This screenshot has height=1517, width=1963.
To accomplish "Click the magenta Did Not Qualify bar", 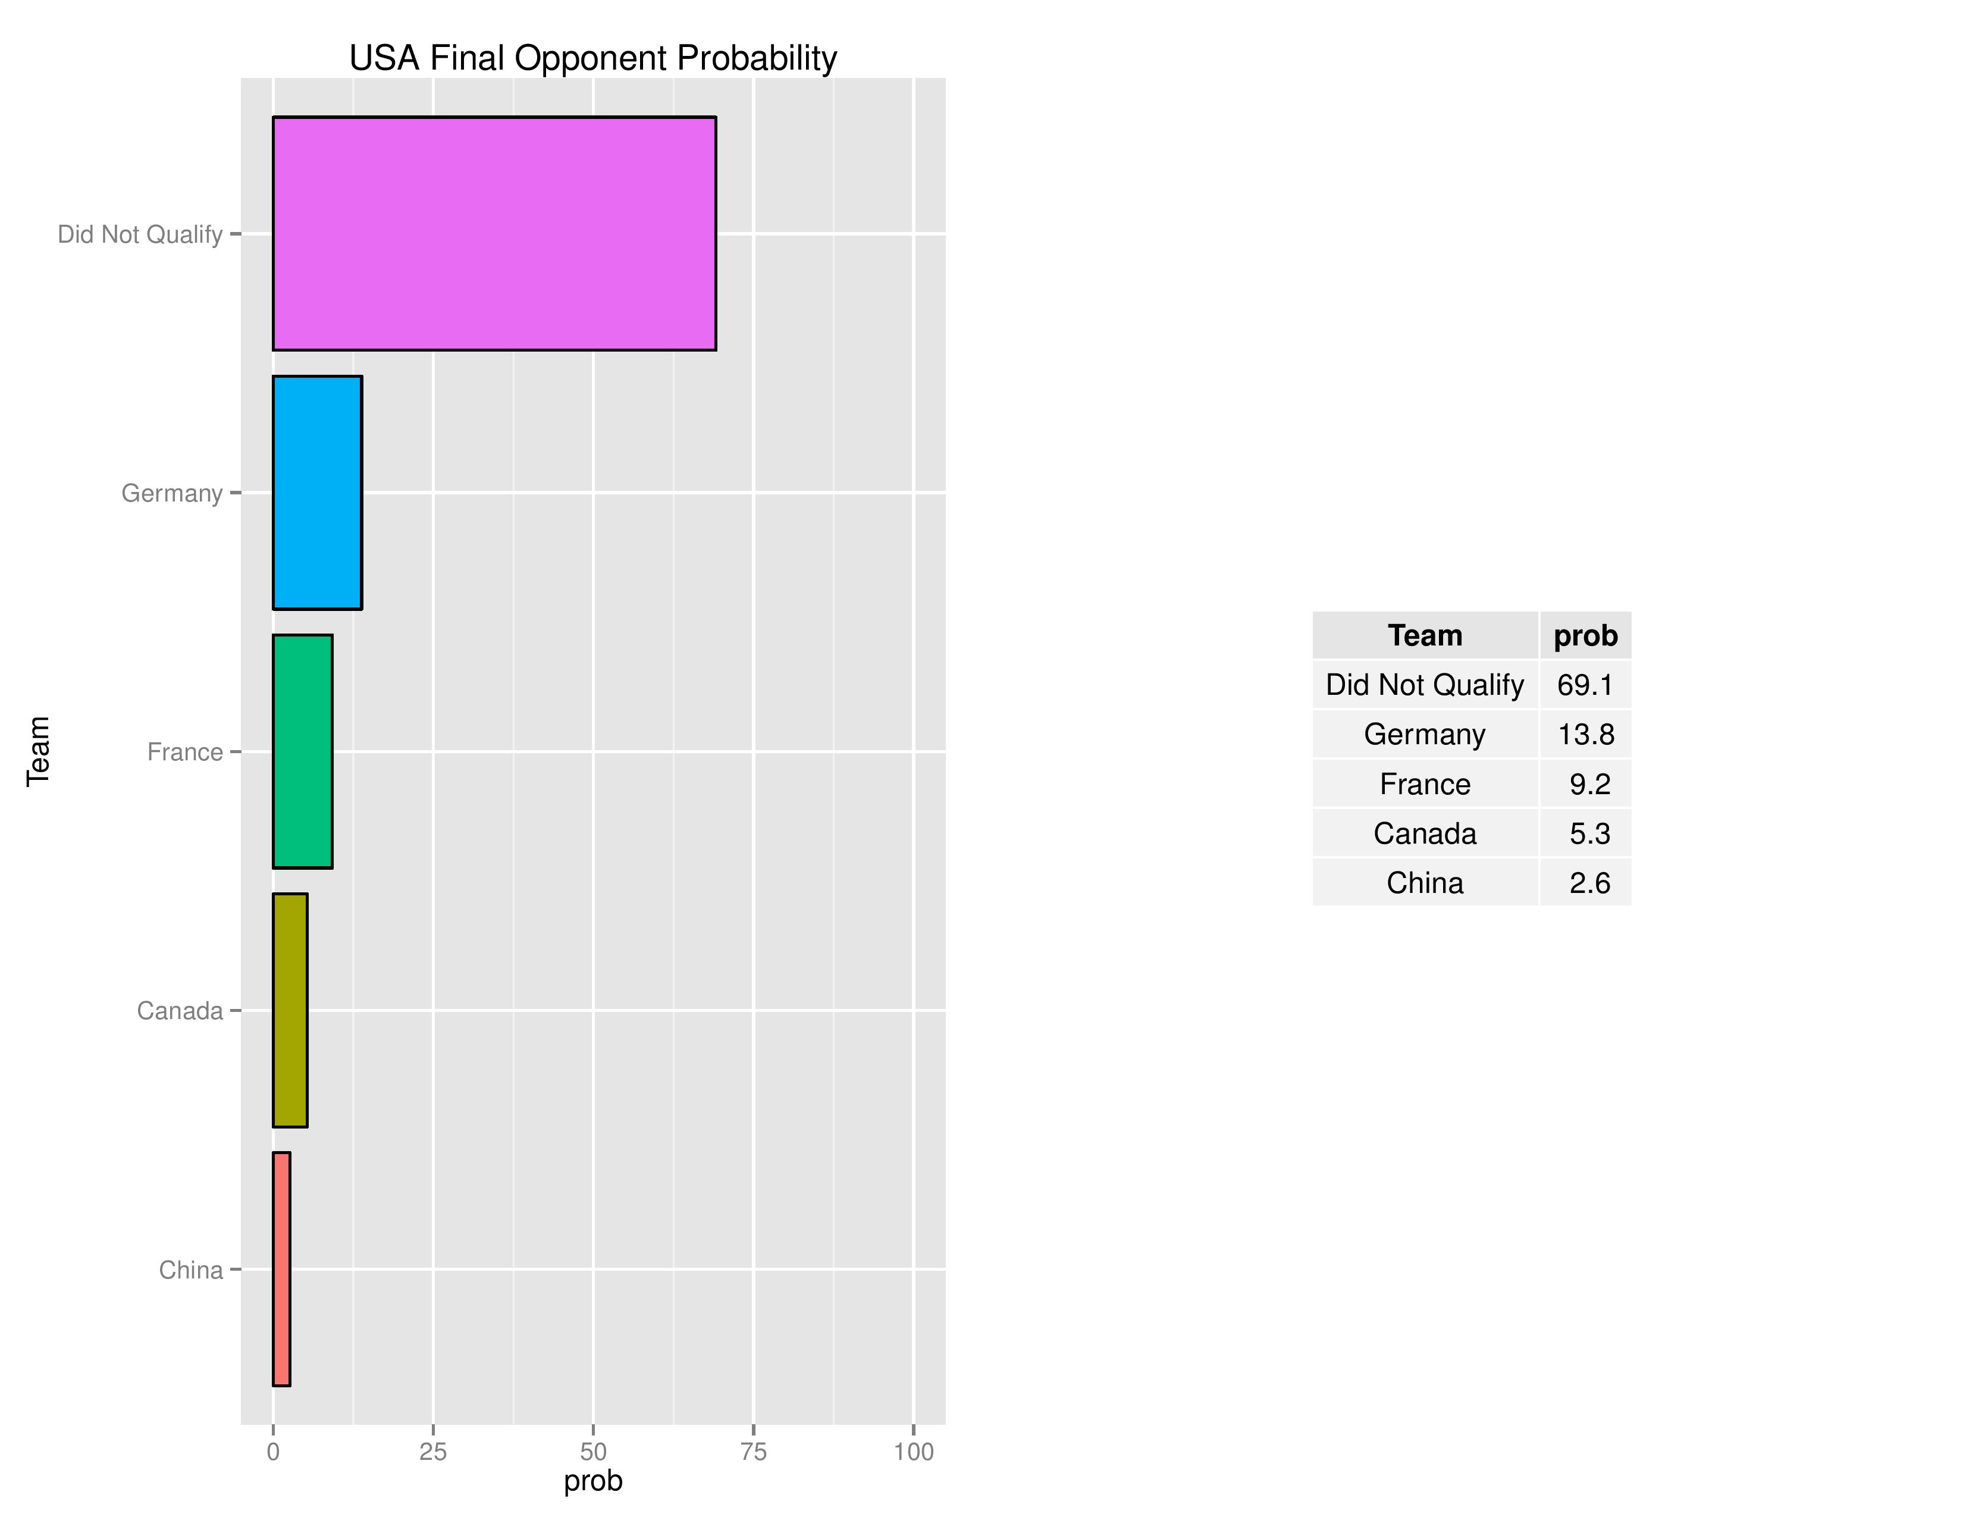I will (494, 234).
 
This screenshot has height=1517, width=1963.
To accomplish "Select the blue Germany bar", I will (317, 493).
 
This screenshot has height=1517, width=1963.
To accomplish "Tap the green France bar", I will (302, 751).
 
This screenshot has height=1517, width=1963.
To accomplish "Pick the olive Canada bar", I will (290, 1010).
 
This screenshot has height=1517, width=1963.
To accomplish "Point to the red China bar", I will (281, 1269).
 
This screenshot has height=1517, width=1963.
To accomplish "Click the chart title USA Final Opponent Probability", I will (592, 58).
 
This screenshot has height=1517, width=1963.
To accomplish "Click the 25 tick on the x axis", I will (432, 1452).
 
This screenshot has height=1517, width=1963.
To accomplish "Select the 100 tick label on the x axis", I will (913, 1452).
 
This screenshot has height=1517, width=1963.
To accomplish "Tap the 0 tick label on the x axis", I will (273, 1452).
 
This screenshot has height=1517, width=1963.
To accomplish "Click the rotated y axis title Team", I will (37, 751).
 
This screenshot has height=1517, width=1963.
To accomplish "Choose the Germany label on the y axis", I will (172, 493).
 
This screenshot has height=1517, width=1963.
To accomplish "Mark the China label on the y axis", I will (190, 1270).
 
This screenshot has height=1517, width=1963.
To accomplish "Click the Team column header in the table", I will (1425, 635).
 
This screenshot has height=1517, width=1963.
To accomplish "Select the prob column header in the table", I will (1585, 635).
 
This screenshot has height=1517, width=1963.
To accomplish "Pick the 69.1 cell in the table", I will (1585, 685).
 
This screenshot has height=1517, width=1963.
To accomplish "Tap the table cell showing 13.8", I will (1585, 734).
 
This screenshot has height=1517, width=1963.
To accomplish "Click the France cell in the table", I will (1425, 783).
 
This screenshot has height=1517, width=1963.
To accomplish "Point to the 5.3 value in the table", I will (1589, 833).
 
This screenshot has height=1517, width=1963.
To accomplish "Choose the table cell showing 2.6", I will (1589, 882).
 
